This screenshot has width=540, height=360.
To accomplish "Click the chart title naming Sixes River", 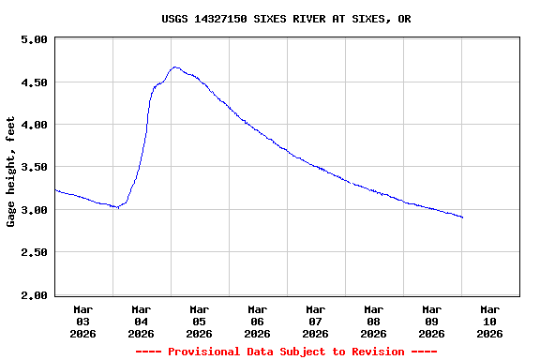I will pyautogui.click(x=286, y=19).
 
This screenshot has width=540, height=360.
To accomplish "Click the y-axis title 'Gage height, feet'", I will pyautogui.click(x=11, y=172).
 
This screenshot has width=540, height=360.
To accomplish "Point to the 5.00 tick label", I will pyautogui.click(x=33, y=39).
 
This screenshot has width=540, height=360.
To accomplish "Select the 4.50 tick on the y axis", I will pyautogui.click(x=33, y=82).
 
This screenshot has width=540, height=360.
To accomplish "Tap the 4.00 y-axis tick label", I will pyautogui.click(x=33, y=125).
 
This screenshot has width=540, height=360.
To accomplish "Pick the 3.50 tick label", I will pyautogui.click(x=33, y=167).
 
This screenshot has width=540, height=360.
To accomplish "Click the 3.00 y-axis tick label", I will pyautogui.click(x=33, y=210).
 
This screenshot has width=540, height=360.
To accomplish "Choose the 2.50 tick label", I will pyautogui.click(x=33, y=252).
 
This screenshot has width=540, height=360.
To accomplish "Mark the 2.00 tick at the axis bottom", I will pyautogui.click(x=33, y=295).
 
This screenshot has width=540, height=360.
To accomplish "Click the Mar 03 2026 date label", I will pyautogui.click(x=83, y=321).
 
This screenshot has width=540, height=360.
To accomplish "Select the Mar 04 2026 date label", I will pyautogui.click(x=142, y=321).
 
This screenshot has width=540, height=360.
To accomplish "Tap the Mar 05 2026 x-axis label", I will pyautogui.click(x=200, y=321).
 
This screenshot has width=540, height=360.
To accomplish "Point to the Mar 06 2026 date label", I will pyautogui.click(x=258, y=321).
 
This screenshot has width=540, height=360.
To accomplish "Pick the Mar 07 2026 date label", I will pyautogui.click(x=316, y=321).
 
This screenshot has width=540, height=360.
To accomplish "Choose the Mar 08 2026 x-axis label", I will pyautogui.click(x=374, y=321).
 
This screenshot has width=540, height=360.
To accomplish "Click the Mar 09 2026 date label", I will pyautogui.click(x=432, y=321).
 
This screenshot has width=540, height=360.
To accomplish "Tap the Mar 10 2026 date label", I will pyautogui.click(x=490, y=321).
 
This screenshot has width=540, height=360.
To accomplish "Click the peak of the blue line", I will pyautogui.click(x=175, y=67).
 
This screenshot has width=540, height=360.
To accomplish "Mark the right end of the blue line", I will pyautogui.click(x=462, y=217).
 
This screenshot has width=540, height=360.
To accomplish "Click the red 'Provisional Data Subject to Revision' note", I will pyautogui.click(x=286, y=352).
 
